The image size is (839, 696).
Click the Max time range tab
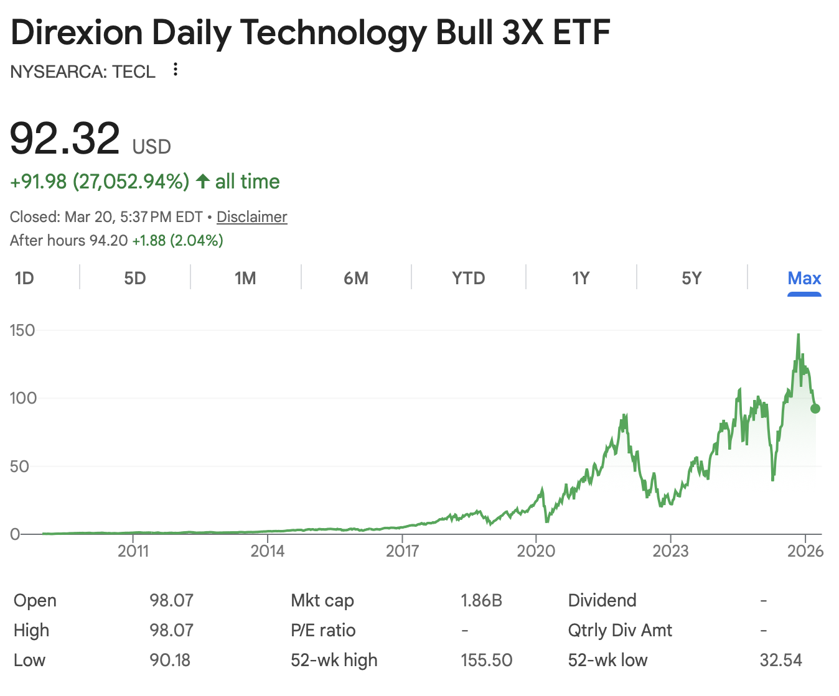804,278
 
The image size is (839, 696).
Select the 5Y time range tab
691,278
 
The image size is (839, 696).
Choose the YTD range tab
469,278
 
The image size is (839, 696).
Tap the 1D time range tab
24,278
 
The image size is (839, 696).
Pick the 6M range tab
356,278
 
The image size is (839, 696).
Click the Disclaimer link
251,217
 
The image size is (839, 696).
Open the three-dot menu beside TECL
176,70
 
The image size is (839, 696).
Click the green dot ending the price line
815,409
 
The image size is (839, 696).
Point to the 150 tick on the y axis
22,330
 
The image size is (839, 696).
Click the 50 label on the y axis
19,466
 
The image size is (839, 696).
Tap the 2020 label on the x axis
536,551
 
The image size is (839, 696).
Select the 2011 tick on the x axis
133,551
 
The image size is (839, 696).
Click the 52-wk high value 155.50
486,660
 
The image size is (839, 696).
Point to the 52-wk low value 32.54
780,660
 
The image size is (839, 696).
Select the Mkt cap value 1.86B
481,600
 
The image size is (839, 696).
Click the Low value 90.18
170,660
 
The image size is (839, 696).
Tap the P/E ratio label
323,630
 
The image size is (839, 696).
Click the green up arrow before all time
202,182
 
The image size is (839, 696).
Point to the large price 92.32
65,139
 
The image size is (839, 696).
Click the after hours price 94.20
108,241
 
